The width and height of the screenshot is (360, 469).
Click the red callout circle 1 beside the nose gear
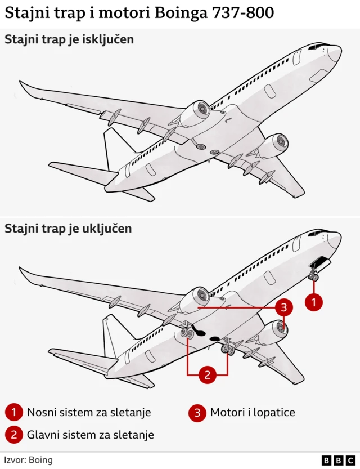314,302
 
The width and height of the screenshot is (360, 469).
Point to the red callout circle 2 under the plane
207,374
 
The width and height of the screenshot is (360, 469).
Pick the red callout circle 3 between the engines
284,307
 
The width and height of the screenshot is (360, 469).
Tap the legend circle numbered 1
13,413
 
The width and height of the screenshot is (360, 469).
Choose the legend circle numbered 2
13,435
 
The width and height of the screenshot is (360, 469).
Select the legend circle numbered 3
197,413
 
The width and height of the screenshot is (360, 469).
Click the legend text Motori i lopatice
253,412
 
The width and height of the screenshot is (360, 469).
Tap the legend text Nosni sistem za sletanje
89,412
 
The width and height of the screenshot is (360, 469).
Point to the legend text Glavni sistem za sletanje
91,435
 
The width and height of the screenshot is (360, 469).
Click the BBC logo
339,460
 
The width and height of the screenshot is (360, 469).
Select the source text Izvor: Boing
28,460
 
